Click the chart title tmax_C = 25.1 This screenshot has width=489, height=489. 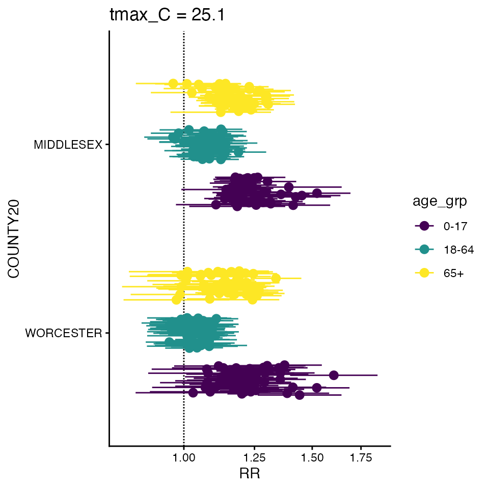[167, 16]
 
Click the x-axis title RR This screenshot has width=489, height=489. [250, 474]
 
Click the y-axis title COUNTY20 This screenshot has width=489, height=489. [14, 239]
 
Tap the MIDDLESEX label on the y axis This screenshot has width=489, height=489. [68, 145]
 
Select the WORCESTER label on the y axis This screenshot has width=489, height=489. [64, 334]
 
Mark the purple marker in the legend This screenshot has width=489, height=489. [424, 226]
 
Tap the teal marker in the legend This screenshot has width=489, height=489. [424, 250]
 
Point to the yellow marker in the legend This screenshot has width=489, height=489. [424, 274]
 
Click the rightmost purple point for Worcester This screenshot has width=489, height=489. [334, 375]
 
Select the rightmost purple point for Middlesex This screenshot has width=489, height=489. [317, 193]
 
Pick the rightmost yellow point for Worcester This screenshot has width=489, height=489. [276, 278]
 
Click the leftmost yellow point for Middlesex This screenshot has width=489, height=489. [173, 84]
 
